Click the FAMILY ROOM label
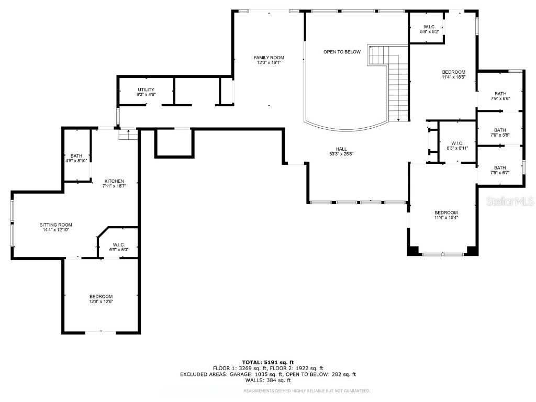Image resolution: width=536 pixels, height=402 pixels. tap(269, 58)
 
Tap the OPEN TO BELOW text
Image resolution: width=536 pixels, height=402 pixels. tap(342, 52)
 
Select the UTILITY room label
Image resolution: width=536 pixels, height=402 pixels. tap(146, 90)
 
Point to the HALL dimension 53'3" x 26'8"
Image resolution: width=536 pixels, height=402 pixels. tap(341, 154)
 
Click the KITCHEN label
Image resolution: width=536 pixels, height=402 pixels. tap(114, 181)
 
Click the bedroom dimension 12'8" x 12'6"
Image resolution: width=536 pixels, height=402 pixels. tap(101, 301)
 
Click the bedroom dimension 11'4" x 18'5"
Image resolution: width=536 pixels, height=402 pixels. tap(453, 77)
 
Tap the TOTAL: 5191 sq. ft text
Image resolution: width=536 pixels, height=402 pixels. tap(268, 362)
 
